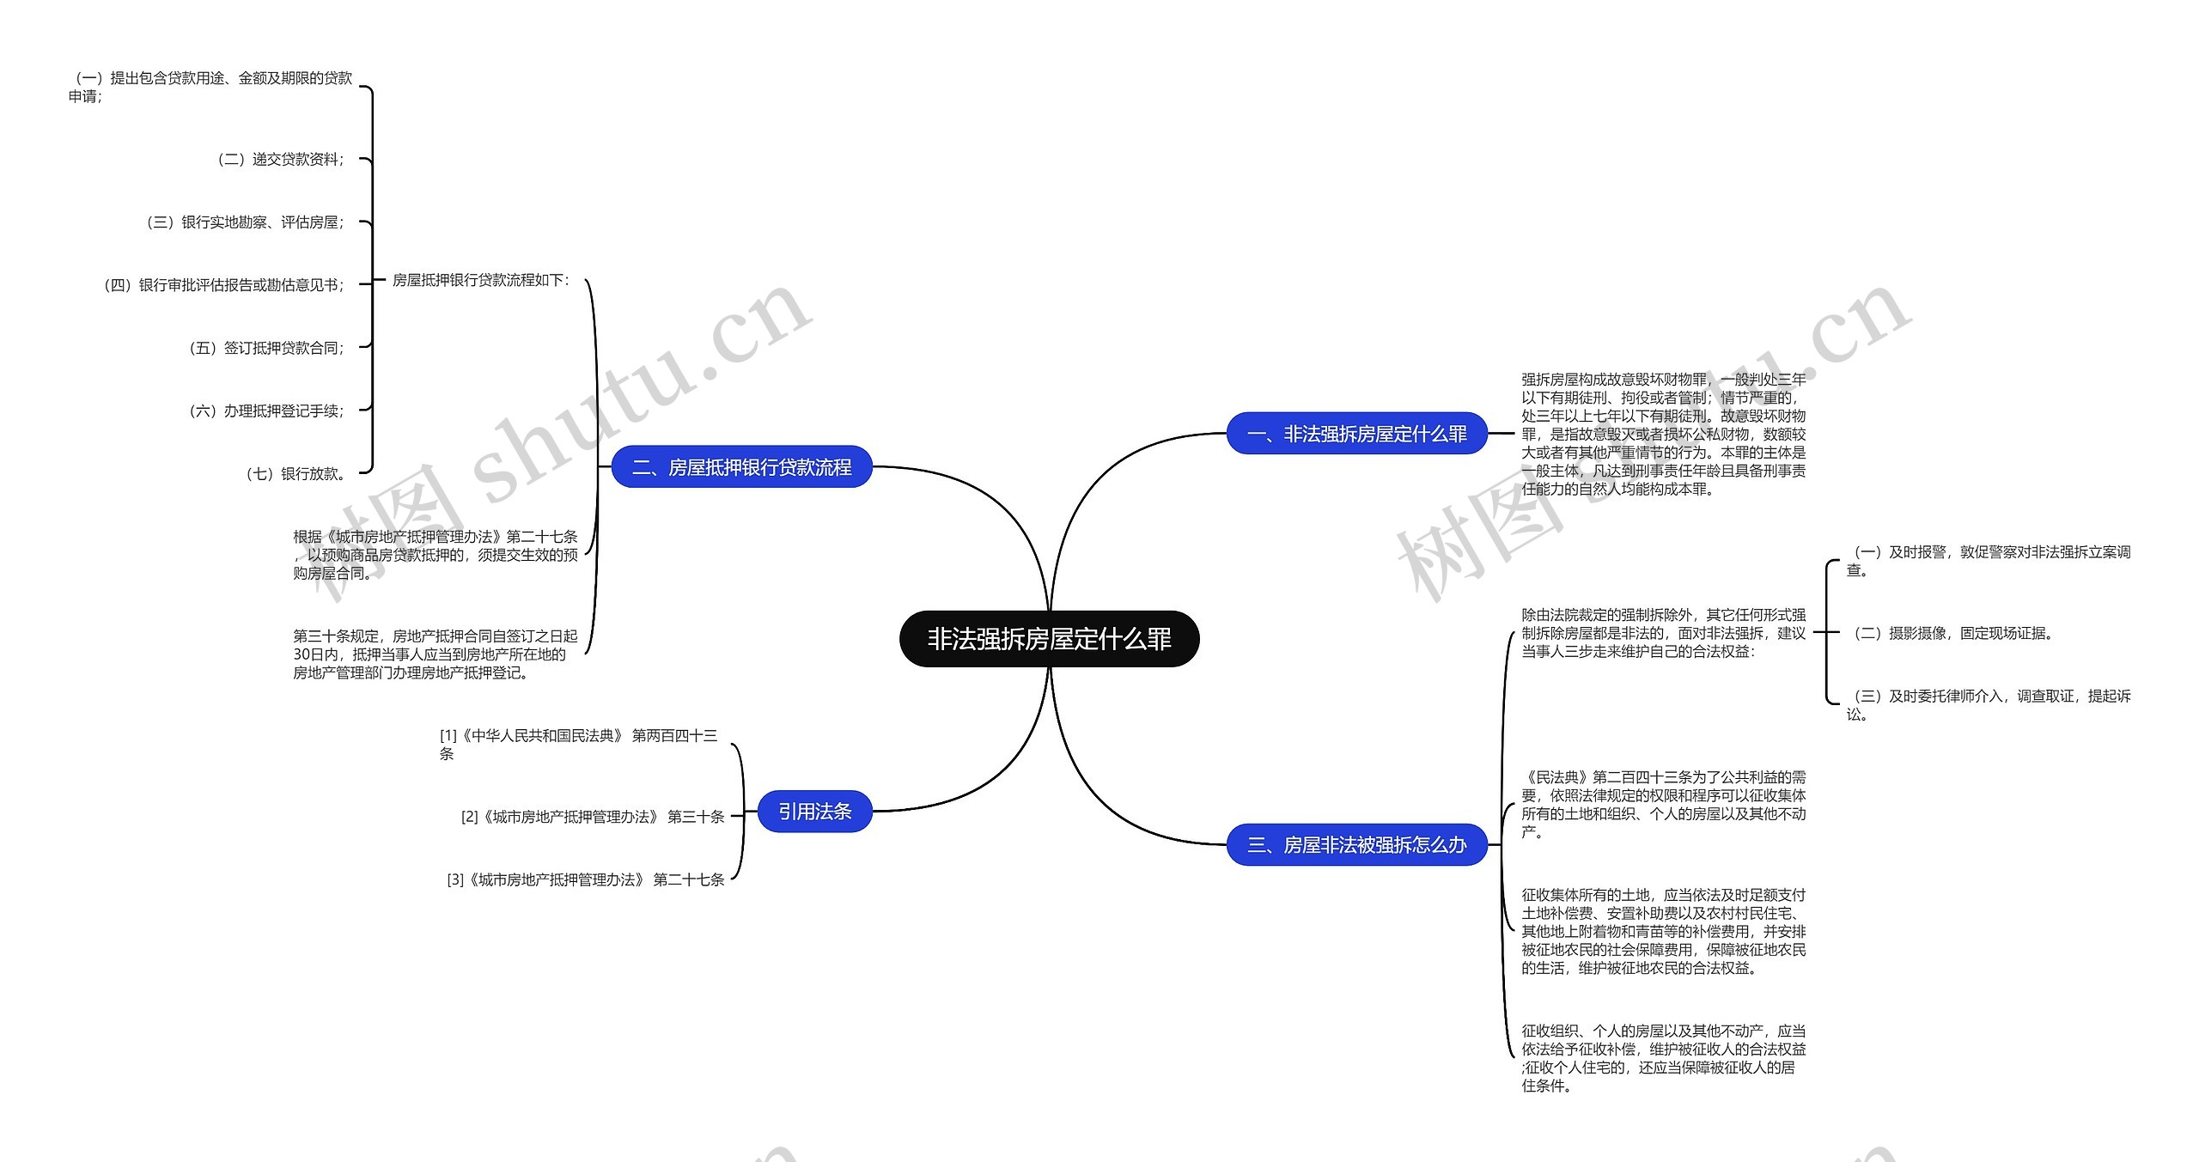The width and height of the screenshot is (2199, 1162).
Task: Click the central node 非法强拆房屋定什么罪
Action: pos(1049,639)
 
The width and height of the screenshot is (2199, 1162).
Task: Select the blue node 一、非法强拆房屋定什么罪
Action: pos(1356,434)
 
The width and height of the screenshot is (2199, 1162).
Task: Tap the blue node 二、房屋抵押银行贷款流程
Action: pos(741,467)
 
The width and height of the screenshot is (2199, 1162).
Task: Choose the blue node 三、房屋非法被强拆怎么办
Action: pos(1356,845)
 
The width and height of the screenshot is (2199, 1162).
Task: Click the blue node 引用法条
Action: pos(814,812)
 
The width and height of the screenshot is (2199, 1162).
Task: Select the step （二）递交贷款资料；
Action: pos(280,160)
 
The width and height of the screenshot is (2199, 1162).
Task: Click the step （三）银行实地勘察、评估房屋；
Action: pos(245,222)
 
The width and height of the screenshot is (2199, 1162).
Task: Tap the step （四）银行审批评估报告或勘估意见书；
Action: pos(223,285)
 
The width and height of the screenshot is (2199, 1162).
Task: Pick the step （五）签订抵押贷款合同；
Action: pos(266,348)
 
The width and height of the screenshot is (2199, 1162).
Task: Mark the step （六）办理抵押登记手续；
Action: pos(266,411)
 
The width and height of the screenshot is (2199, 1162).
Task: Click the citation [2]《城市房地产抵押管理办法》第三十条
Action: pos(593,817)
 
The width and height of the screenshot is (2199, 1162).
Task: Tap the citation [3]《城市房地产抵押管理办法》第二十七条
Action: pos(586,879)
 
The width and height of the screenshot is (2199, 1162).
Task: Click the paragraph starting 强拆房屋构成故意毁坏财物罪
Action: pos(1663,434)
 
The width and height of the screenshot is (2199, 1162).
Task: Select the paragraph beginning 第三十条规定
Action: pos(435,654)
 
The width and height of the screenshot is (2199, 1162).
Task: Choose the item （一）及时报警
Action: pos(1988,561)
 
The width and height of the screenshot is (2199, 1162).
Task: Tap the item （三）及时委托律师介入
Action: pos(1988,705)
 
